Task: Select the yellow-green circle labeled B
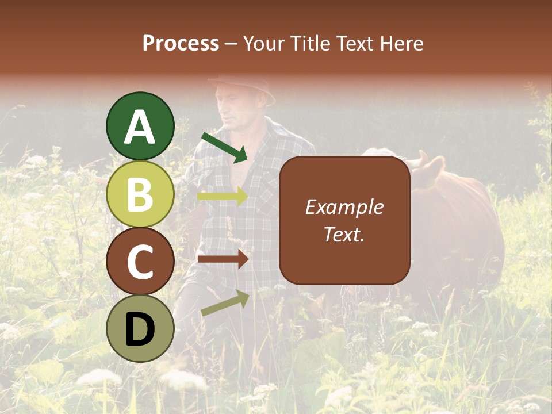(x=140, y=194)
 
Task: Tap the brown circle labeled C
(x=140, y=262)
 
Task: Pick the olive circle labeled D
(x=140, y=329)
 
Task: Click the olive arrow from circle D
(x=225, y=303)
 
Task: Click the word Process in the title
(x=181, y=44)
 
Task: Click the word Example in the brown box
(x=344, y=207)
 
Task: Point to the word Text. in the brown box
(x=344, y=234)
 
